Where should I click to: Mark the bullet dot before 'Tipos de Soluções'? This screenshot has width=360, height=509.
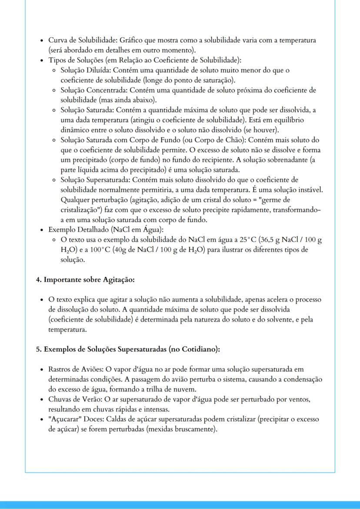41,60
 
